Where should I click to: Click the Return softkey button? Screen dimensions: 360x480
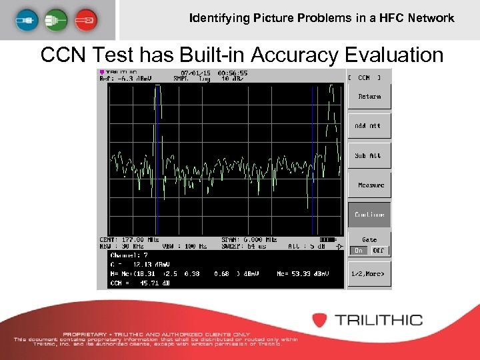tap(369, 97)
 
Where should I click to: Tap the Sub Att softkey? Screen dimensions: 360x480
tap(369, 155)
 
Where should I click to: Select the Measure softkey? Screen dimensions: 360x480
tap(369, 185)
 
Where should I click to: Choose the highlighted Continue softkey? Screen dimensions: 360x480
tap(369, 215)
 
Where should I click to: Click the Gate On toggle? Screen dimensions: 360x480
tap(359, 251)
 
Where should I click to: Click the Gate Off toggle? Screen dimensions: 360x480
tap(378, 251)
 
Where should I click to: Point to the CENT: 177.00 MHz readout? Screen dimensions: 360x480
tap(129, 239)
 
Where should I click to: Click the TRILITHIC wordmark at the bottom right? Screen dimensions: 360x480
tap(378, 320)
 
